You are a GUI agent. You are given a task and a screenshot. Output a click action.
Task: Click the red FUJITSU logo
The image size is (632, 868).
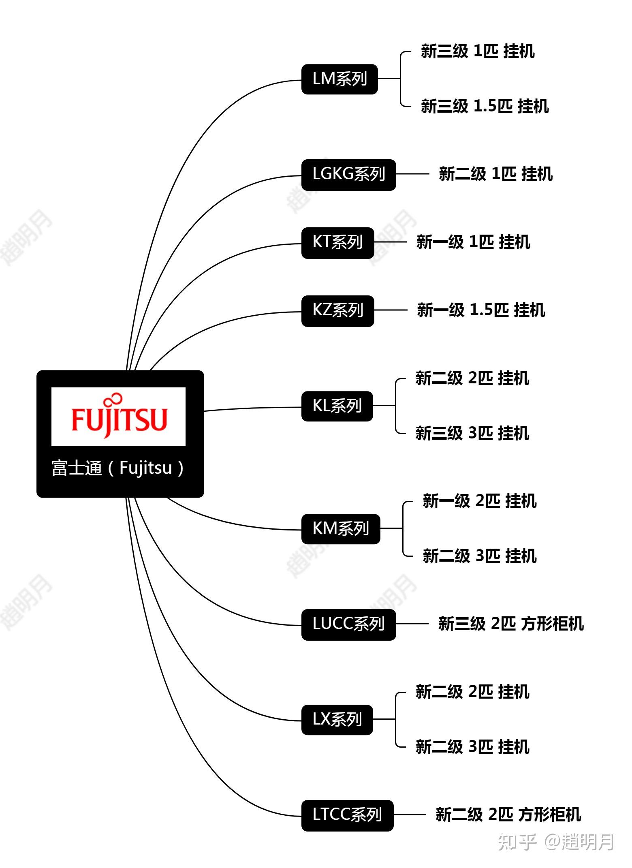(x=119, y=417)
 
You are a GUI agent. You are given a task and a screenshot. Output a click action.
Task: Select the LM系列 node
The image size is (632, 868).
(x=339, y=79)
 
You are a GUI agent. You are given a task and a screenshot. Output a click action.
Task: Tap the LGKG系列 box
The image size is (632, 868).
(x=348, y=175)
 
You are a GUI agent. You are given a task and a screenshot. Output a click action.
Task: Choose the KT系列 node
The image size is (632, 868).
(x=337, y=243)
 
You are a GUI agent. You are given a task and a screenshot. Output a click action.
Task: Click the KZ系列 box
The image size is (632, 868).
(x=337, y=311)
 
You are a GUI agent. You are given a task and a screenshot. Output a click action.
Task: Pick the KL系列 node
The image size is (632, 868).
(x=337, y=406)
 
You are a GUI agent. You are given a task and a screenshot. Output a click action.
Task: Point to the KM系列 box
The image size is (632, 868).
(x=341, y=529)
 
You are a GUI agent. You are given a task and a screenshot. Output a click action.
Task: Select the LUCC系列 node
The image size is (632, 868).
(x=348, y=624)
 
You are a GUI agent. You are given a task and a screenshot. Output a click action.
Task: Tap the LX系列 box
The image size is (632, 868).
(x=337, y=720)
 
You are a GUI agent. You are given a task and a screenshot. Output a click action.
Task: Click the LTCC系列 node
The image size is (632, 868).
(x=347, y=815)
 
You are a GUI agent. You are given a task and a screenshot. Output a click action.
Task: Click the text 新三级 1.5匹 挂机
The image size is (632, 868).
(x=485, y=106)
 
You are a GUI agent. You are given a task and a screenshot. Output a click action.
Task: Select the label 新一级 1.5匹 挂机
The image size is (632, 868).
(x=481, y=310)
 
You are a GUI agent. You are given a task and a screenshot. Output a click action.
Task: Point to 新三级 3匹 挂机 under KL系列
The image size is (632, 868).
(x=472, y=433)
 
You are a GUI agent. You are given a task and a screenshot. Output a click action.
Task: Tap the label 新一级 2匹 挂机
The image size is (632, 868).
(x=480, y=501)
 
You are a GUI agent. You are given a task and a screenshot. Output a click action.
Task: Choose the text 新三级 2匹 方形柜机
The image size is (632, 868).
(x=511, y=624)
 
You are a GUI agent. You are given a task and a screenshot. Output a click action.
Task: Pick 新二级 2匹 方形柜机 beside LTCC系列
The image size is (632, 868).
(x=508, y=815)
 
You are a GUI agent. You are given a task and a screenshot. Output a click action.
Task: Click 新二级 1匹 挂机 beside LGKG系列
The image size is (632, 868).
(x=495, y=174)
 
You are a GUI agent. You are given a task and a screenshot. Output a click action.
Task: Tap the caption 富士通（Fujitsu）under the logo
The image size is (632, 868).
(x=118, y=468)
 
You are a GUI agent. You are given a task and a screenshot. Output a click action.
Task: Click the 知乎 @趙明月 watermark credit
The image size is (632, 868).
(x=556, y=842)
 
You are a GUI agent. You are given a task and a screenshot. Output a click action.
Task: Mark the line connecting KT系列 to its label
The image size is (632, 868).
(x=390, y=242)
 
